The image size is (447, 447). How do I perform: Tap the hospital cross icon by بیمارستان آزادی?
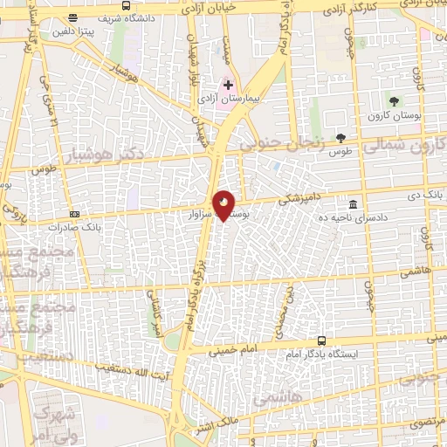point(229,85)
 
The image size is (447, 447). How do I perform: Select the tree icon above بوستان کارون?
point(395,100)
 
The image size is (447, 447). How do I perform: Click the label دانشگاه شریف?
point(127,17)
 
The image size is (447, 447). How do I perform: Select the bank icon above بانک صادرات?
point(75,213)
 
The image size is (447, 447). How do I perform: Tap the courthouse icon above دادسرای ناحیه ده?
point(353,203)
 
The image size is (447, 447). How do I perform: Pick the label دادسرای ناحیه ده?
point(348,217)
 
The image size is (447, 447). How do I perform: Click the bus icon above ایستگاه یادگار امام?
point(321,341)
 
